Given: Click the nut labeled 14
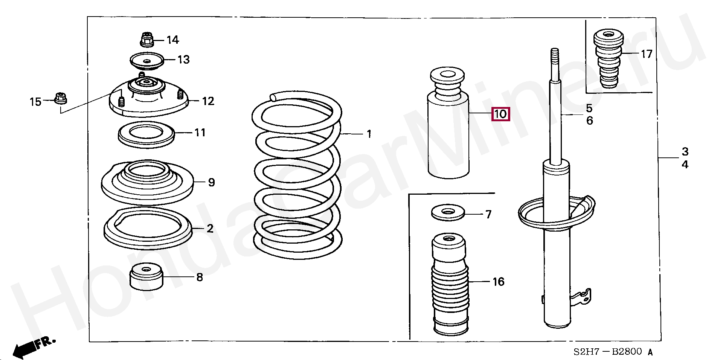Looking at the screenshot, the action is coord(146,40).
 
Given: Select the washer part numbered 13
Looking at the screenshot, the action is coord(147,61).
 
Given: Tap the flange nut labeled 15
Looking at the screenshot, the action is coord(60,98).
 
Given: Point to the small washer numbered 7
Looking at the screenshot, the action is coord(448,212).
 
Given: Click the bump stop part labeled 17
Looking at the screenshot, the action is coord(608,59).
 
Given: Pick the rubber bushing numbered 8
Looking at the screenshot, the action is coord(146,276).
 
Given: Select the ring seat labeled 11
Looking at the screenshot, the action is coord(146,134).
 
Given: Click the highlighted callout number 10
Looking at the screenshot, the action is coord(500,114).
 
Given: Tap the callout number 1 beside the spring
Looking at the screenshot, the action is coord(369,134).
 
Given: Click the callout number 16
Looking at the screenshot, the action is coord(498,282).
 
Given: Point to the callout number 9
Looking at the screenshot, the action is coord(212,182).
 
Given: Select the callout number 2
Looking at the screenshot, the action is coord(210,228).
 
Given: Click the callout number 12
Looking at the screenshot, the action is coord(208,101).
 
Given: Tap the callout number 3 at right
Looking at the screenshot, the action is coord(685,152).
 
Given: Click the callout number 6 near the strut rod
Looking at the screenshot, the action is coord(590,121).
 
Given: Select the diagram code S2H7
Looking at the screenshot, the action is coord(586,352).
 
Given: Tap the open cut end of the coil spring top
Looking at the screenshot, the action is coord(273,98).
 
